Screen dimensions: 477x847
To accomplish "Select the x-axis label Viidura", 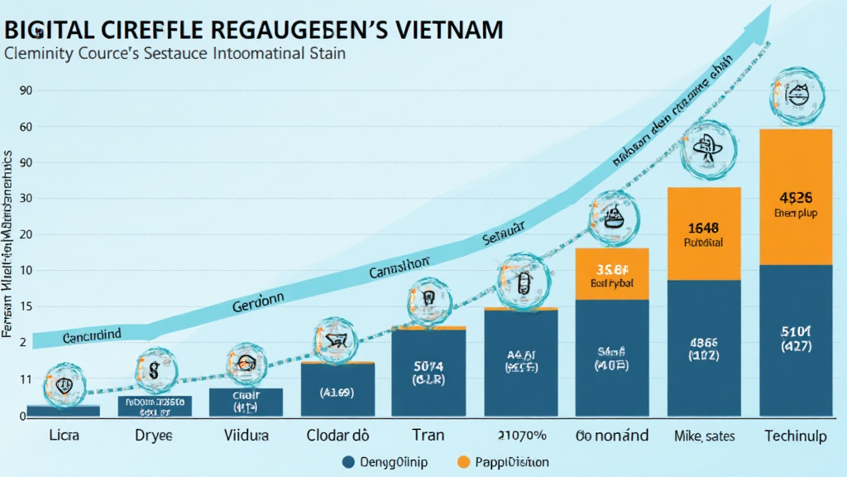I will pyautogui.click(x=246, y=435).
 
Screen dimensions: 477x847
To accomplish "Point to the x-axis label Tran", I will pyautogui.click(x=428, y=435).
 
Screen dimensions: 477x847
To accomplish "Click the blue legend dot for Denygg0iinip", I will pyautogui.click(x=349, y=461).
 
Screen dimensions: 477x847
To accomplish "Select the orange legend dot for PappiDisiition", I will pyautogui.click(x=464, y=461).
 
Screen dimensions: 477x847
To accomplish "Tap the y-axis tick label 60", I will pyautogui.click(x=25, y=127).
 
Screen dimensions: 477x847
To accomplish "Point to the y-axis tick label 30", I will pyautogui.click(x=25, y=199).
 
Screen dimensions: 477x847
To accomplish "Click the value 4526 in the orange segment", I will pyautogui.click(x=796, y=198).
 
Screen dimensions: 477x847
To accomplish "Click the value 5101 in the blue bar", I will pyautogui.click(x=796, y=332).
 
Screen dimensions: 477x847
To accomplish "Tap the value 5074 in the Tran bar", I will pyautogui.click(x=428, y=365).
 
